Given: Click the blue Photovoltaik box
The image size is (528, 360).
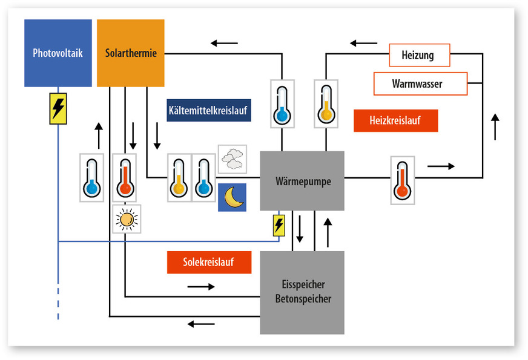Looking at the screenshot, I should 58,53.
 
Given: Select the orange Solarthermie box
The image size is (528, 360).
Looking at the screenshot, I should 131,53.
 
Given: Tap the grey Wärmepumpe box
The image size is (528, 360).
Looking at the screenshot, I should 302,181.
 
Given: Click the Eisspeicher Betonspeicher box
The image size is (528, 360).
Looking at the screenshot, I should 302,292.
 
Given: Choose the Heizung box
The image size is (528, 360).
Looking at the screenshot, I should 418,55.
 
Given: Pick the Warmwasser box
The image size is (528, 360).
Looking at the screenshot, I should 420,83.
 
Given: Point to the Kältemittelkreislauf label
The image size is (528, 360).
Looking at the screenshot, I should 209,111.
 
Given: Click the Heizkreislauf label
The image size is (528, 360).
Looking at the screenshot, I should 395,121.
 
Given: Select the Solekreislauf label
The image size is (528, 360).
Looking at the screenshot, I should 208,262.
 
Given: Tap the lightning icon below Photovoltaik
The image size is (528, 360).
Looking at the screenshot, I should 58,109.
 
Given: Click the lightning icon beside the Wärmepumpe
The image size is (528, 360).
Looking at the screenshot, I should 279,225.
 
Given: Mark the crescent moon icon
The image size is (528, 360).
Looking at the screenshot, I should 233,197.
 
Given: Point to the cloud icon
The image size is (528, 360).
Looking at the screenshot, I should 233,159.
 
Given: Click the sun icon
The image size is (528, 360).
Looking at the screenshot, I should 127,219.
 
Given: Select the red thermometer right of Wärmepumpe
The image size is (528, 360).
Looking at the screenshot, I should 403,180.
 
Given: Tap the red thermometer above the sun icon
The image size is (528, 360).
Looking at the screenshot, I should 124,177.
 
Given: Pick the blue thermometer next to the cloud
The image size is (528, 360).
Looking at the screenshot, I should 203,177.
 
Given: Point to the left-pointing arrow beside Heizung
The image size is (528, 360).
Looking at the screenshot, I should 363,44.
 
